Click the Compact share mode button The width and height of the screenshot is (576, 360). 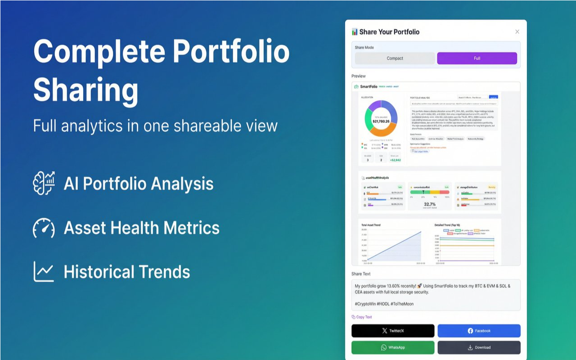coord(395,58)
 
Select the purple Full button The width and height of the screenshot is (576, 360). coord(477,58)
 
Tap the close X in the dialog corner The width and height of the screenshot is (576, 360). coord(517,31)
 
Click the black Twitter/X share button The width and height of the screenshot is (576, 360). coord(393,331)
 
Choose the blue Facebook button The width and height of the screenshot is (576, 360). coord(479,331)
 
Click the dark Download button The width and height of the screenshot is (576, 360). coord(479,347)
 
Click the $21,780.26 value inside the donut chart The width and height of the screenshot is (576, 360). coord(381,121)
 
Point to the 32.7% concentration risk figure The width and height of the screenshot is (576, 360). coord(430,204)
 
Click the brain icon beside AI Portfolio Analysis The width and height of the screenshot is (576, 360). coord(44,183)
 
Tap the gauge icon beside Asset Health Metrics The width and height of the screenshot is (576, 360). coord(44,228)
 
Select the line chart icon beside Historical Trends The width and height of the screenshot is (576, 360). coord(44,271)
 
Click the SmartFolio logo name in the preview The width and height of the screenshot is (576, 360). coord(369,86)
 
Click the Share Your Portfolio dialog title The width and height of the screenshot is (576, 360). coord(389,32)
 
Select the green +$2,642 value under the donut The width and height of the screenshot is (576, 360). coord(395,160)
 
